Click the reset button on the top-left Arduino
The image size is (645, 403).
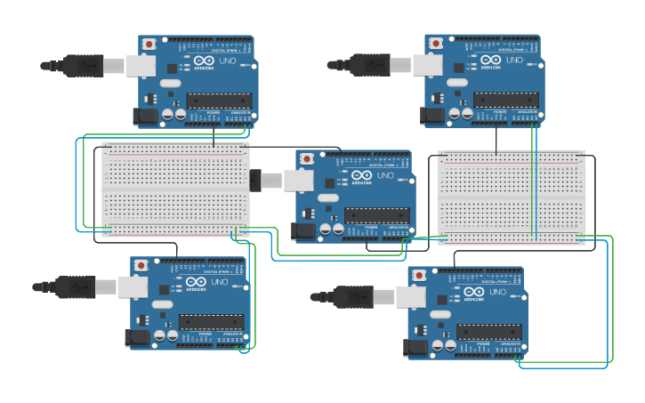(149, 43)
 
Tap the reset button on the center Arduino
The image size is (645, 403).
(307, 158)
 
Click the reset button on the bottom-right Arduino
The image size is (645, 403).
(420, 275)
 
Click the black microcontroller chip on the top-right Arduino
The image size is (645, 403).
(505, 100)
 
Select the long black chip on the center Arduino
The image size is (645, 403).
(377, 215)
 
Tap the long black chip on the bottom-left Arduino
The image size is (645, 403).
(212, 322)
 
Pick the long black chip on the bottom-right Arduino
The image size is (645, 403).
(489, 332)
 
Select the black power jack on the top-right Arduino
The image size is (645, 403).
(431, 115)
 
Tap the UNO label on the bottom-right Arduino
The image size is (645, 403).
(497, 292)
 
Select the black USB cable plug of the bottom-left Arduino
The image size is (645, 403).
(75, 286)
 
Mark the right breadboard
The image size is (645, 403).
(511, 197)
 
